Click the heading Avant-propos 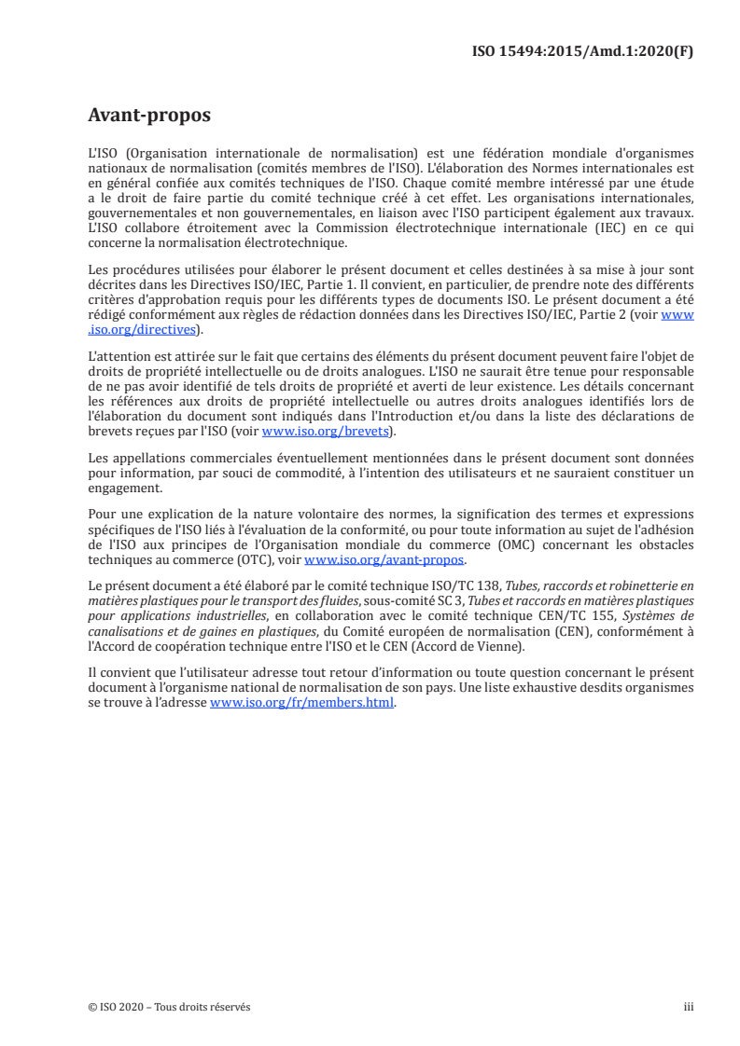coord(148,116)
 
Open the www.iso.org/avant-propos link coord(384,559)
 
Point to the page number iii coord(689,1007)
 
